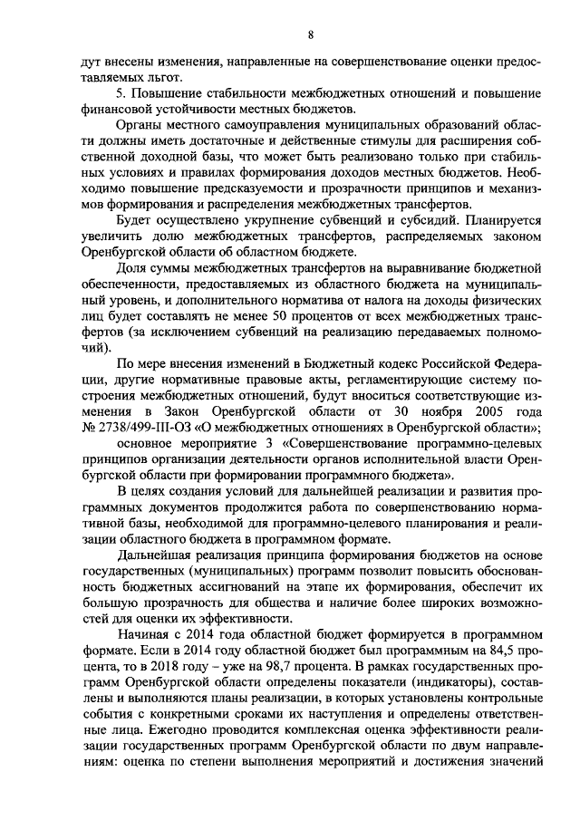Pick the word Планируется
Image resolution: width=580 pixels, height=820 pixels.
[473, 220]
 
